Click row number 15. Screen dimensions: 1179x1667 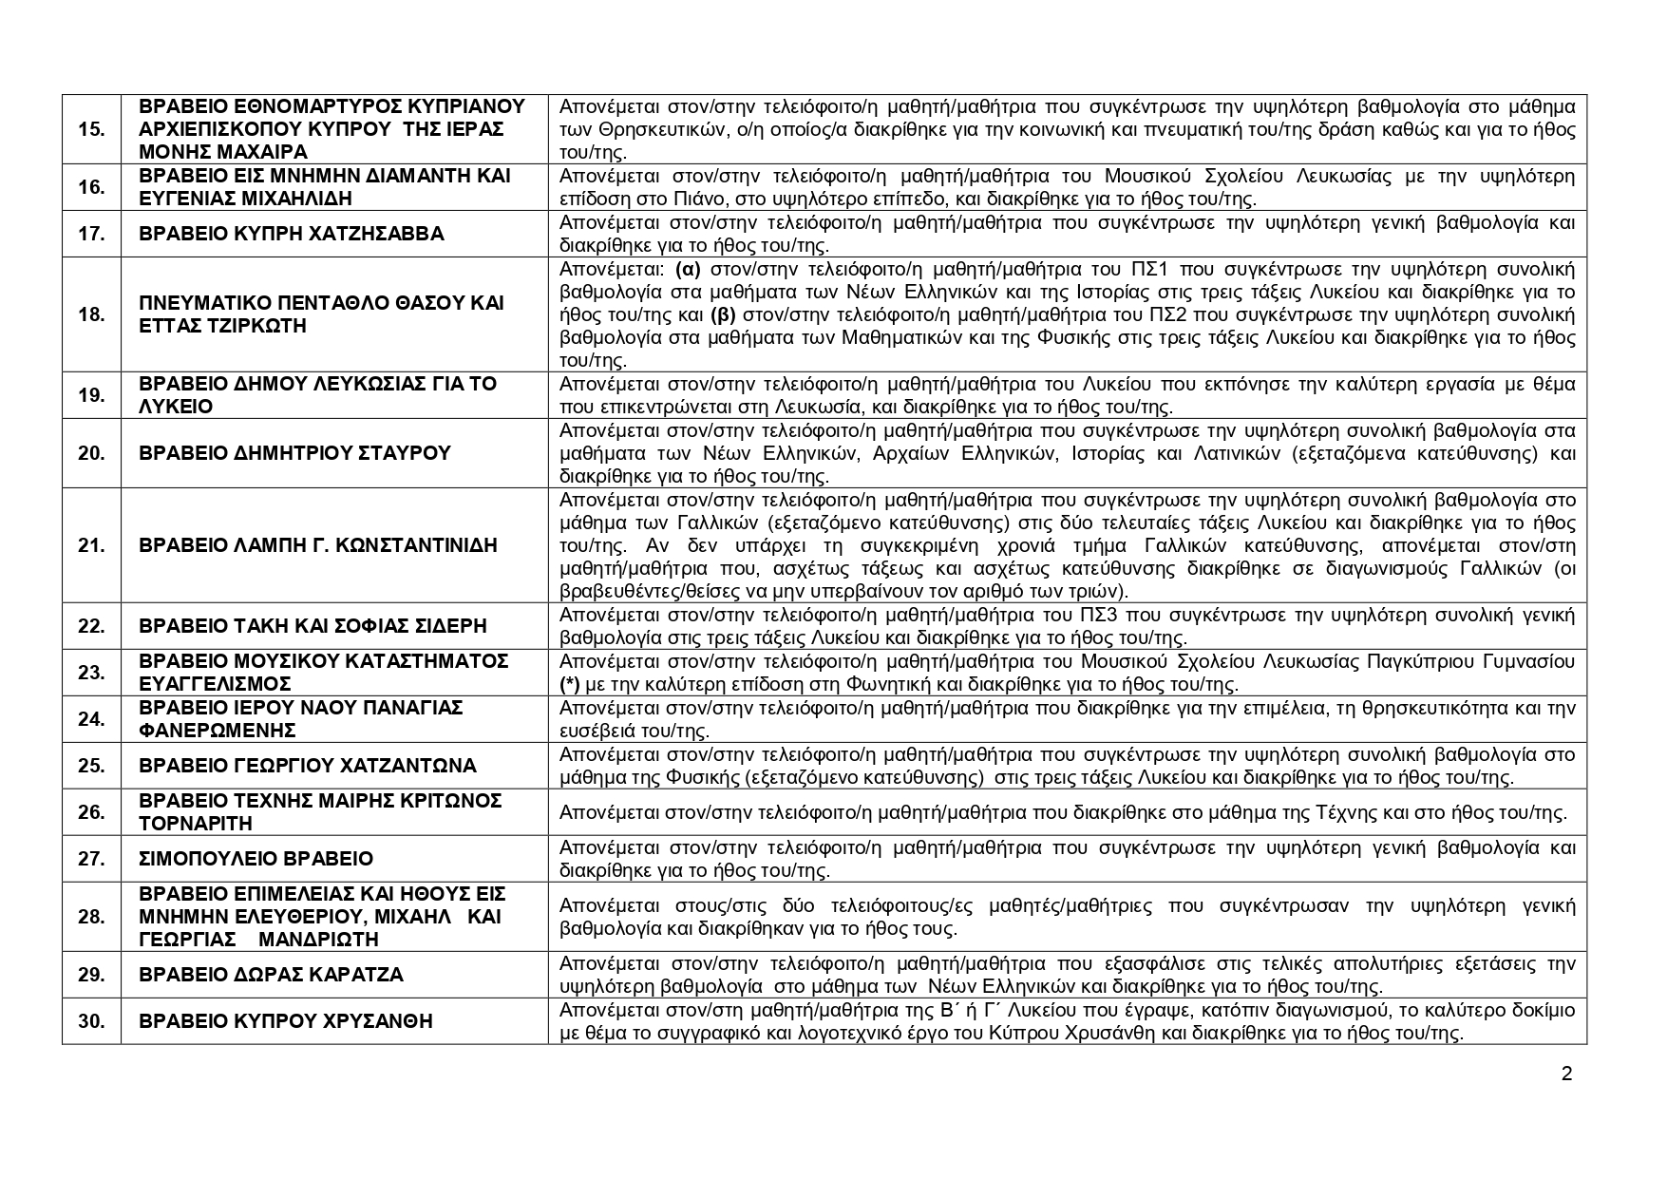pyautogui.click(x=91, y=129)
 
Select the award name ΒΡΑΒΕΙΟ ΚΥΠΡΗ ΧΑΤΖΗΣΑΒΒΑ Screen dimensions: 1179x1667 pyautogui.click(x=291, y=234)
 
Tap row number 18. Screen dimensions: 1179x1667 pyautogui.click(x=91, y=314)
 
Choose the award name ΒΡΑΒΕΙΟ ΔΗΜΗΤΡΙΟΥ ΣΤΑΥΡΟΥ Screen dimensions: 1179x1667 pyautogui.click(x=294, y=453)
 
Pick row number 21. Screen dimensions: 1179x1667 pyautogui.click(x=91, y=545)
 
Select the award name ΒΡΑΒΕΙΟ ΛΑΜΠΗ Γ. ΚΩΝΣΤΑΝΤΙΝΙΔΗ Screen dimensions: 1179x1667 pyautogui.click(x=318, y=545)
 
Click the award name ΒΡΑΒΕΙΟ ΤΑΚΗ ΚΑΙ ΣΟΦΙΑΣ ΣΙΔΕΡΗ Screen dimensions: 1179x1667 pyautogui.click(x=313, y=626)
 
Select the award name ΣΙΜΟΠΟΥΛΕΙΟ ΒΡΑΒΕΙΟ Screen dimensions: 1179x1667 pyautogui.click(x=256, y=859)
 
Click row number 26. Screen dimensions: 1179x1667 pyautogui.click(x=91, y=812)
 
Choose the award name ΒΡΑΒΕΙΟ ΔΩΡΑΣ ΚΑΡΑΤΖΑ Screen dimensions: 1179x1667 pyautogui.click(x=271, y=975)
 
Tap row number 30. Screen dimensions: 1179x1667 pyautogui.click(x=91, y=1021)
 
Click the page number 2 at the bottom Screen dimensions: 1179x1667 pyautogui.click(x=1566, y=1074)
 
